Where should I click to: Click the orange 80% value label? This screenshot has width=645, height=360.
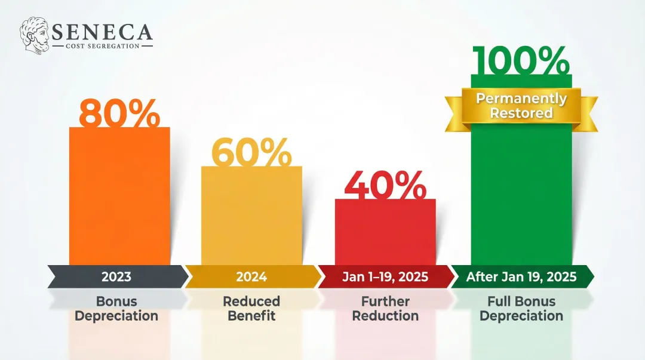(x=119, y=113)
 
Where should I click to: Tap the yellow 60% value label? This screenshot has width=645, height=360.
(x=251, y=153)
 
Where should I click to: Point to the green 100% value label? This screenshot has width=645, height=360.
(x=521, y=61)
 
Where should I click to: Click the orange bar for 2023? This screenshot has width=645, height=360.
(x=119, y=197)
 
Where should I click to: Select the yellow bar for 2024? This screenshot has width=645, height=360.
(x=251, y=218)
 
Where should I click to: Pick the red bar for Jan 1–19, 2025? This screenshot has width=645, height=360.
(x=385, y=233)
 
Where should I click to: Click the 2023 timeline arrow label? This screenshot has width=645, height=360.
(x=116, y=277)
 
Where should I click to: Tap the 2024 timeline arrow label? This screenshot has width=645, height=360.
(x=251, y=277)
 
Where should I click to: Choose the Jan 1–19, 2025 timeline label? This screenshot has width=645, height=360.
(x=385, y=277)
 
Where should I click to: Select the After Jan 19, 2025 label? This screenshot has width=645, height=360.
(x=521, y=277)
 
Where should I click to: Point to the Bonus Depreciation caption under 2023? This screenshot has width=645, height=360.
(x=116, y=309)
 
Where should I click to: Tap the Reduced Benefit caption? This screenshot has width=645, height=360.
(x=251, y=309)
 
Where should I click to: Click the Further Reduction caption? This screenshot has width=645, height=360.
(x=385, y=309)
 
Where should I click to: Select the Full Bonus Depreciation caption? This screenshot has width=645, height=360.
(x=521, y=309)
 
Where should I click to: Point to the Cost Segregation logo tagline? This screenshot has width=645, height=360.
(x=102, y=45)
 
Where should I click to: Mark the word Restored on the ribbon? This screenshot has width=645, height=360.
(x=521, y=113)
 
